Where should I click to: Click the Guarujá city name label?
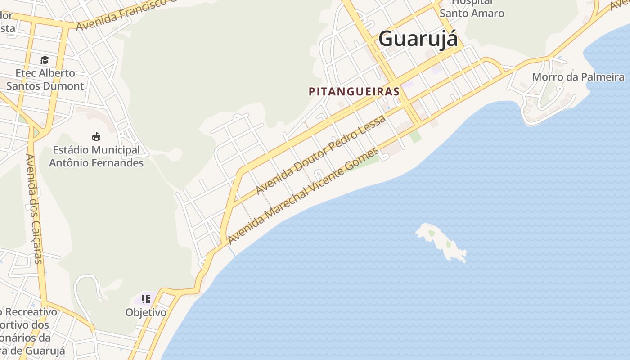[418, 39]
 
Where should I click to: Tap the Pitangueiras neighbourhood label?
[354, 91]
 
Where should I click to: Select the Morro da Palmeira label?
[578, 77]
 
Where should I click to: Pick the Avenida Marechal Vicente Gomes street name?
[304, 196]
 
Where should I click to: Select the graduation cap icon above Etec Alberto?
[45, 60]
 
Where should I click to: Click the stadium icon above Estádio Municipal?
[96, 136]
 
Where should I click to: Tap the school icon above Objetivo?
[145, 299]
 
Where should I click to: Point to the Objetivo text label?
[146, 312]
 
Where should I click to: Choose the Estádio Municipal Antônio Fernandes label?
[96, 156]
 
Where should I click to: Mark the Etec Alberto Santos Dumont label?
[45, 79]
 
